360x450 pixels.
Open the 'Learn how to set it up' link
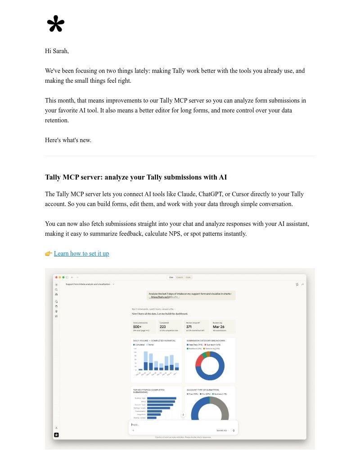(x=81, y=253)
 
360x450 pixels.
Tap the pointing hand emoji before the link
(x=49, y=253)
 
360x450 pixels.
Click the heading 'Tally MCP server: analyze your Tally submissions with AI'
(x=135, y=177)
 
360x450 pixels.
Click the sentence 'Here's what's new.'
(x=68, y=140)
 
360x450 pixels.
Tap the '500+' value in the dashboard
(x=138, y=327)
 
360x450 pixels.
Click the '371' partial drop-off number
(x=189, y=327)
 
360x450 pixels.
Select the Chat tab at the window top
(x=171, y=277)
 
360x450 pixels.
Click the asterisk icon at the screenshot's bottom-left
(x=56, y=435)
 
